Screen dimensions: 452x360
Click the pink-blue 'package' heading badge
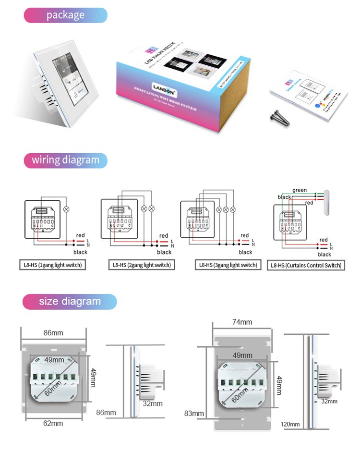point(65,15)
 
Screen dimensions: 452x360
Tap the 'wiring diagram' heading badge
point(65,160)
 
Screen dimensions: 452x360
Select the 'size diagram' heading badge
point(70,302)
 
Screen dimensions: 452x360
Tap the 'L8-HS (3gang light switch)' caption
point(228,265)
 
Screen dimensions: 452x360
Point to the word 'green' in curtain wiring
point(300,190)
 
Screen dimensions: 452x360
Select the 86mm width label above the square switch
point(53,332)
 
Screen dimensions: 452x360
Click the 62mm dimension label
point(53,423)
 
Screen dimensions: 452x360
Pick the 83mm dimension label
point(194,413)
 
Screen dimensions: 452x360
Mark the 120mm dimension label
point(291,424)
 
